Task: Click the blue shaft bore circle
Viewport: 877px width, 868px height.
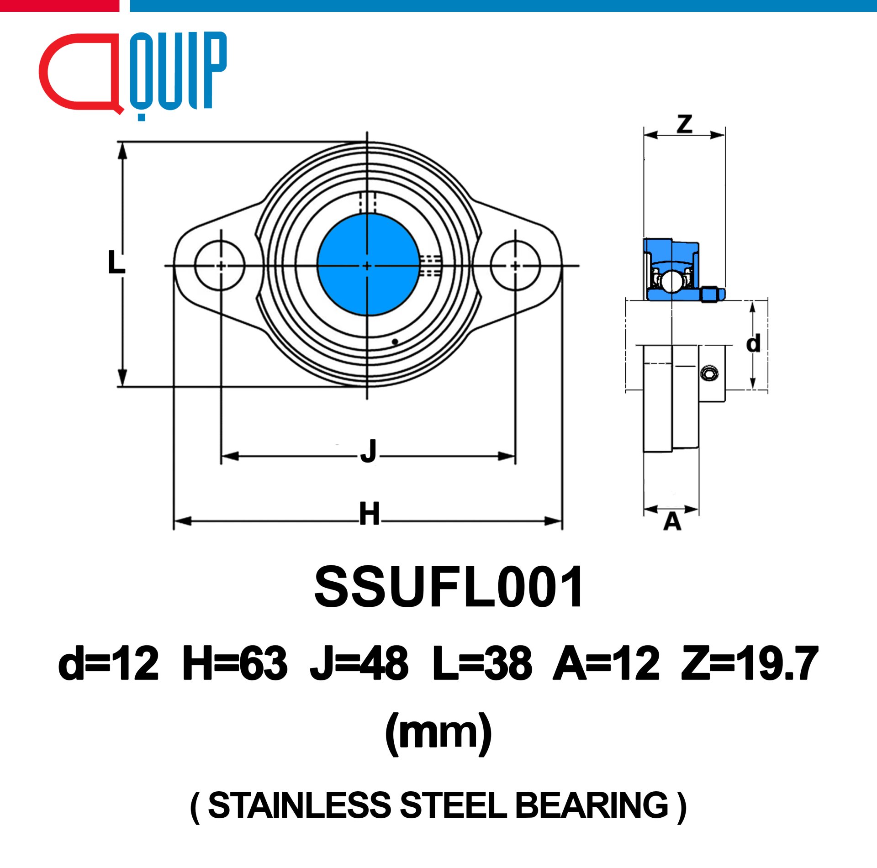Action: (368, 265)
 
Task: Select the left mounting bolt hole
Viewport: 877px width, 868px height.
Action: (220, 265)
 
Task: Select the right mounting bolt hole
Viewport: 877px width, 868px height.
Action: (516, 265)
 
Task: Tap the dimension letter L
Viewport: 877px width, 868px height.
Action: (116, 262)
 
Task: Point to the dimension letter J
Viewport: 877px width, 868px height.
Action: (368, 451)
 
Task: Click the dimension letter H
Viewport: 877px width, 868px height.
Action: (369, 514)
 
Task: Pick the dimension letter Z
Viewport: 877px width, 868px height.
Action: (684, 123)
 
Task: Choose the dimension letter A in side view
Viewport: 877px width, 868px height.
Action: (672, 521)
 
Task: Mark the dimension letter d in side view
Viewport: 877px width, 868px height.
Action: (754, 342)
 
